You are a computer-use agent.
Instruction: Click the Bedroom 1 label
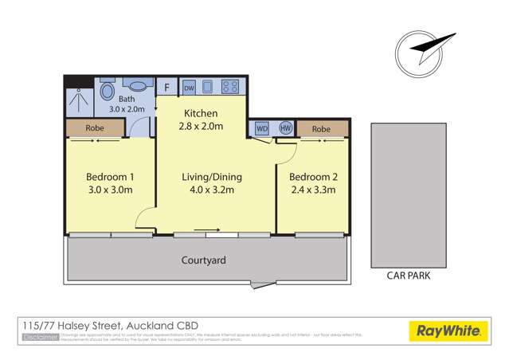click(108, 176)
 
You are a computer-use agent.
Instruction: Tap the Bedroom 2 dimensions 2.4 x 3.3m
click(313, 190)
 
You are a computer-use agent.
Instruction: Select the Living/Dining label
click(212, 176)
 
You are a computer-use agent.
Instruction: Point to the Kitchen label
click(199, 113)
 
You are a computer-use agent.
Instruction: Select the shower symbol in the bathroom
click(79, 100)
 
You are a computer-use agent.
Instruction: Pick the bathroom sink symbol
click(138, 87)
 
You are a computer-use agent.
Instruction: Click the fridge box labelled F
click(167, 87)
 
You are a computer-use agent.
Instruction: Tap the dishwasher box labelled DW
click(190, 87)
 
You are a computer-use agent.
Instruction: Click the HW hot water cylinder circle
click(285, 128)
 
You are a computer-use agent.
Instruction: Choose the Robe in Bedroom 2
click(322, 128)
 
